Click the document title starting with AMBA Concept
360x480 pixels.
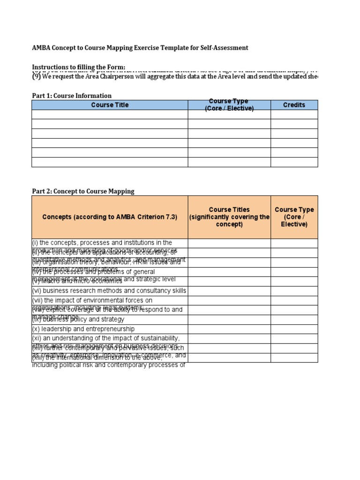[x=140, y=48]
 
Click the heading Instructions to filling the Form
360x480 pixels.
[x=78, y=67]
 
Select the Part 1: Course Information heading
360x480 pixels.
[x=72, y=96]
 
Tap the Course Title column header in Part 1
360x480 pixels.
[x=110, y=105]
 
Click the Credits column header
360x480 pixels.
[x=294, y=105]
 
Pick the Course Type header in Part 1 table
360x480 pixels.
[x=229, y=105]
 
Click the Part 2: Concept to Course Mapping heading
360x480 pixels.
[x=83, y=191]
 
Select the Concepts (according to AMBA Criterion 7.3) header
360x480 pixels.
[x=110, y=217]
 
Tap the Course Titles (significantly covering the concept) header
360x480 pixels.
[x=229, y=217]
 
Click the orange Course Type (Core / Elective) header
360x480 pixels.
[x=294, y=217]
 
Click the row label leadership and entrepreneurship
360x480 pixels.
[x=83, y=329]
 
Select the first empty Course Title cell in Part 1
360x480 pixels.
[x=110, y=114]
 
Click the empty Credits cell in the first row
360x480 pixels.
[x=294, y=114]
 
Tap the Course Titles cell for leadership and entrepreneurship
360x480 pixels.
[x=229, y=329]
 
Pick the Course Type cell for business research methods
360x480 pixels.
[x=294, y=291]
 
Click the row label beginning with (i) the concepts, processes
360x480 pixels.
[x=102, y=243]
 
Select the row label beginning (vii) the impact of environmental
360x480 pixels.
[x=92, y=300]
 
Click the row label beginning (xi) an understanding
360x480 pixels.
[x=105, y=338]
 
